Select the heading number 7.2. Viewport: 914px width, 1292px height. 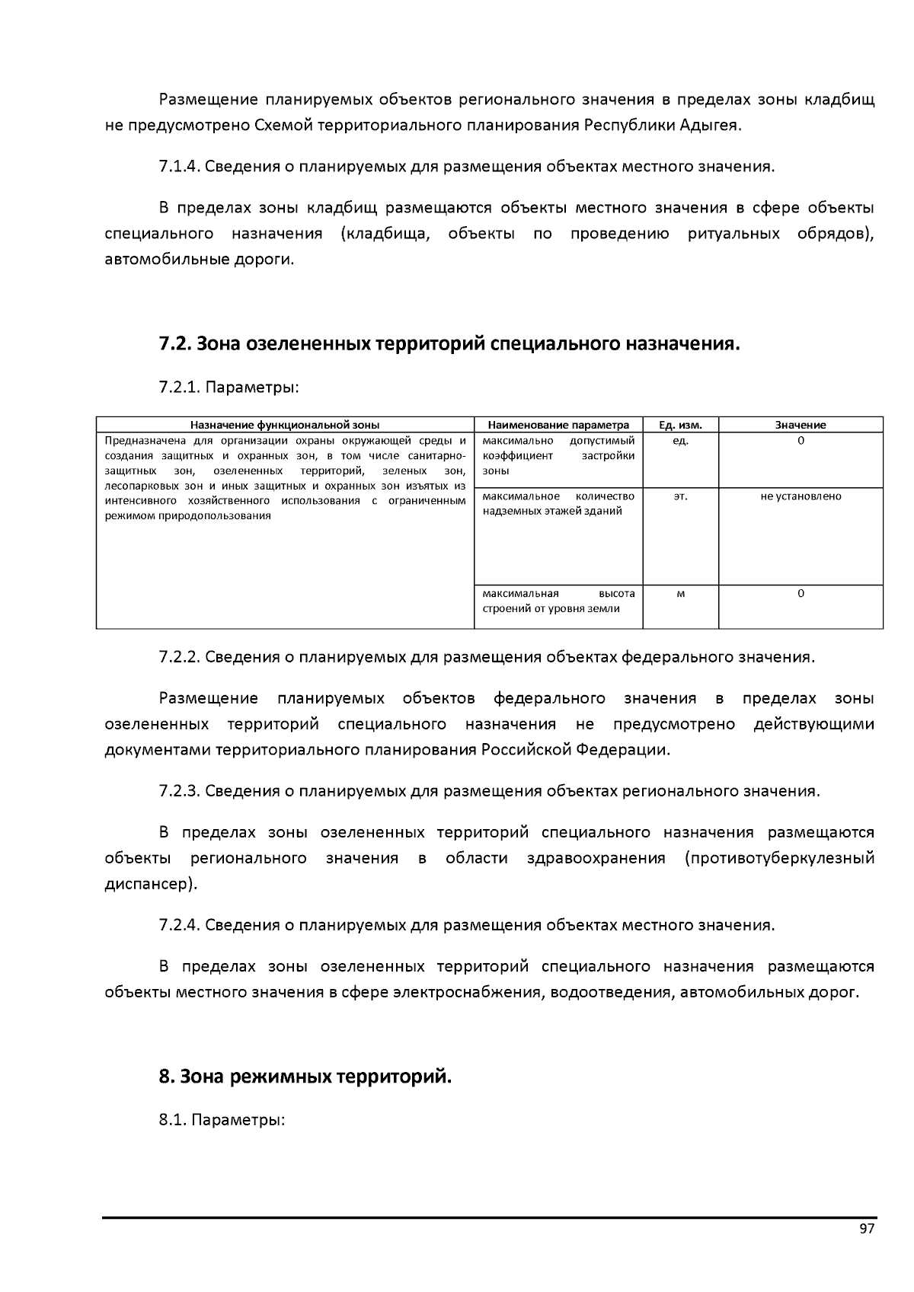point(175,344)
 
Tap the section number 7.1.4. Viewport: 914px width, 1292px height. point(180,167)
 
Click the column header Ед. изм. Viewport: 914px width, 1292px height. point(680,425)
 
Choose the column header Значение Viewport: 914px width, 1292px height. point(801,425)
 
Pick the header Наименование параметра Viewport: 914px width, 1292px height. point(558,425)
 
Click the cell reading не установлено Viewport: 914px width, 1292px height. point(801,496)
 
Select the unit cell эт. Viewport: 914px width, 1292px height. point(680,496)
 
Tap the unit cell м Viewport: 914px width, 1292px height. point(680,594)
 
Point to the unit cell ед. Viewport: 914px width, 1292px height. point(680,441)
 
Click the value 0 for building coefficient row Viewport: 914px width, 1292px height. point(801,441)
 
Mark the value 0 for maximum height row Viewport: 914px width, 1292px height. point(801,594)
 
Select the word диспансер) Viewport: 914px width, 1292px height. point(150,884)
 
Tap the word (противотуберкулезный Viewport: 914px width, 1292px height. point(779,858)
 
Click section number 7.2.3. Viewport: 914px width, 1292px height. point(180,791)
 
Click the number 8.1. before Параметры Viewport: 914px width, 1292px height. point(172,1121)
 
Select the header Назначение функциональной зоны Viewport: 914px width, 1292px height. point(285,425)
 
